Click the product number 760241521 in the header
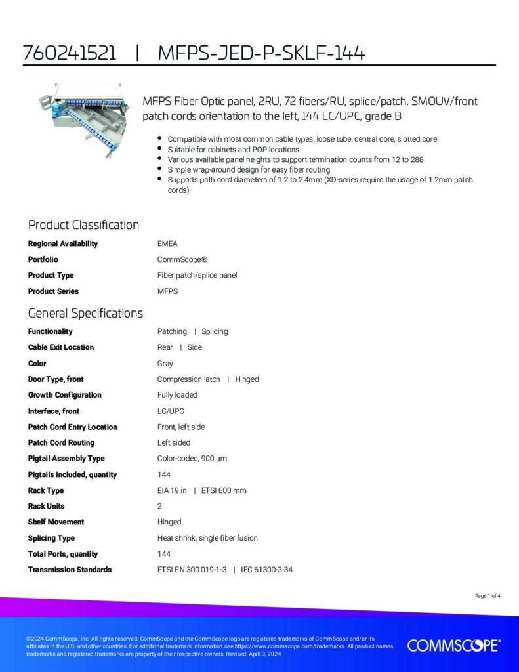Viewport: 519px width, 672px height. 69,54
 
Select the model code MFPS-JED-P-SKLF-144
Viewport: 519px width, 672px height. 261,54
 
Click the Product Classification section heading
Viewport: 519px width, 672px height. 83,225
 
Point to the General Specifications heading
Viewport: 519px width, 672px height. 85,313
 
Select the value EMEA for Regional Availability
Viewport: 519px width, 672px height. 167,243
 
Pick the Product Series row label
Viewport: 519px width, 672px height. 53,291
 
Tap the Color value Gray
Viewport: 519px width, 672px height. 165,363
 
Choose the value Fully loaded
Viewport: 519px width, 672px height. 177,395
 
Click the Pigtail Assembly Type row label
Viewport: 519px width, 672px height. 66,459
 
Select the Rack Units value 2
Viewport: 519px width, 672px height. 159,506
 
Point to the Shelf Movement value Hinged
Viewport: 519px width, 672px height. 169,522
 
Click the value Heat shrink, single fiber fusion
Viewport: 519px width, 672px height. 207,538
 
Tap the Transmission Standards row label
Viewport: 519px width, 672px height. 70,570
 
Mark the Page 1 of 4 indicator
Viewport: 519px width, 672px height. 488,596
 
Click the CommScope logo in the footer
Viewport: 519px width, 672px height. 454,646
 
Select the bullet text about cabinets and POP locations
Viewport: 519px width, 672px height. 233,150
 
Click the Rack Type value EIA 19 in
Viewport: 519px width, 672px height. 172,490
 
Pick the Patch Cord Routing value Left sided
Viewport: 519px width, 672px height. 174,443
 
